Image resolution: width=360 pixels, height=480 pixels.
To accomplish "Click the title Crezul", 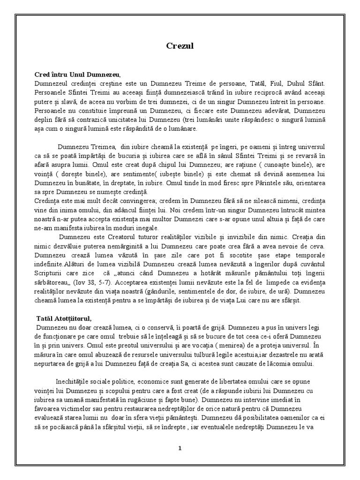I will pyautogui.click(x=180, y=46).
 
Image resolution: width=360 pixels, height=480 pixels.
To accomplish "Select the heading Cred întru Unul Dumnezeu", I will pyautogui.click(x=77, y=75).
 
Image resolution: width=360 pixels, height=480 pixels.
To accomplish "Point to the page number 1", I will pyautogui.click(x=180, y=448).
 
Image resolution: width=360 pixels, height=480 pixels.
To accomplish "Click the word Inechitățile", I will pyautogui.click(x=78, y=382).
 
